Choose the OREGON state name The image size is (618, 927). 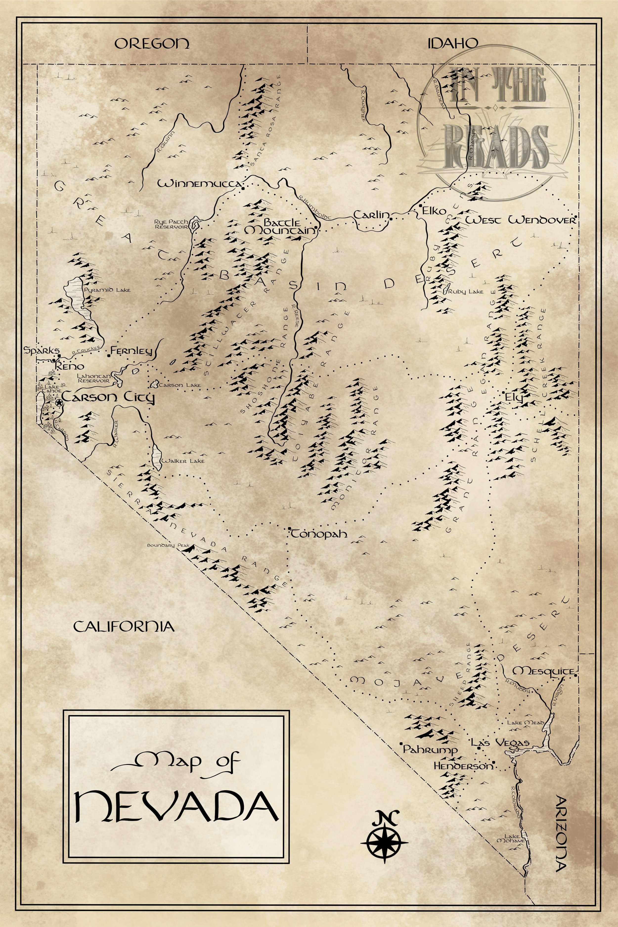point(152,43)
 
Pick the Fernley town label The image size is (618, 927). point(131,350)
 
